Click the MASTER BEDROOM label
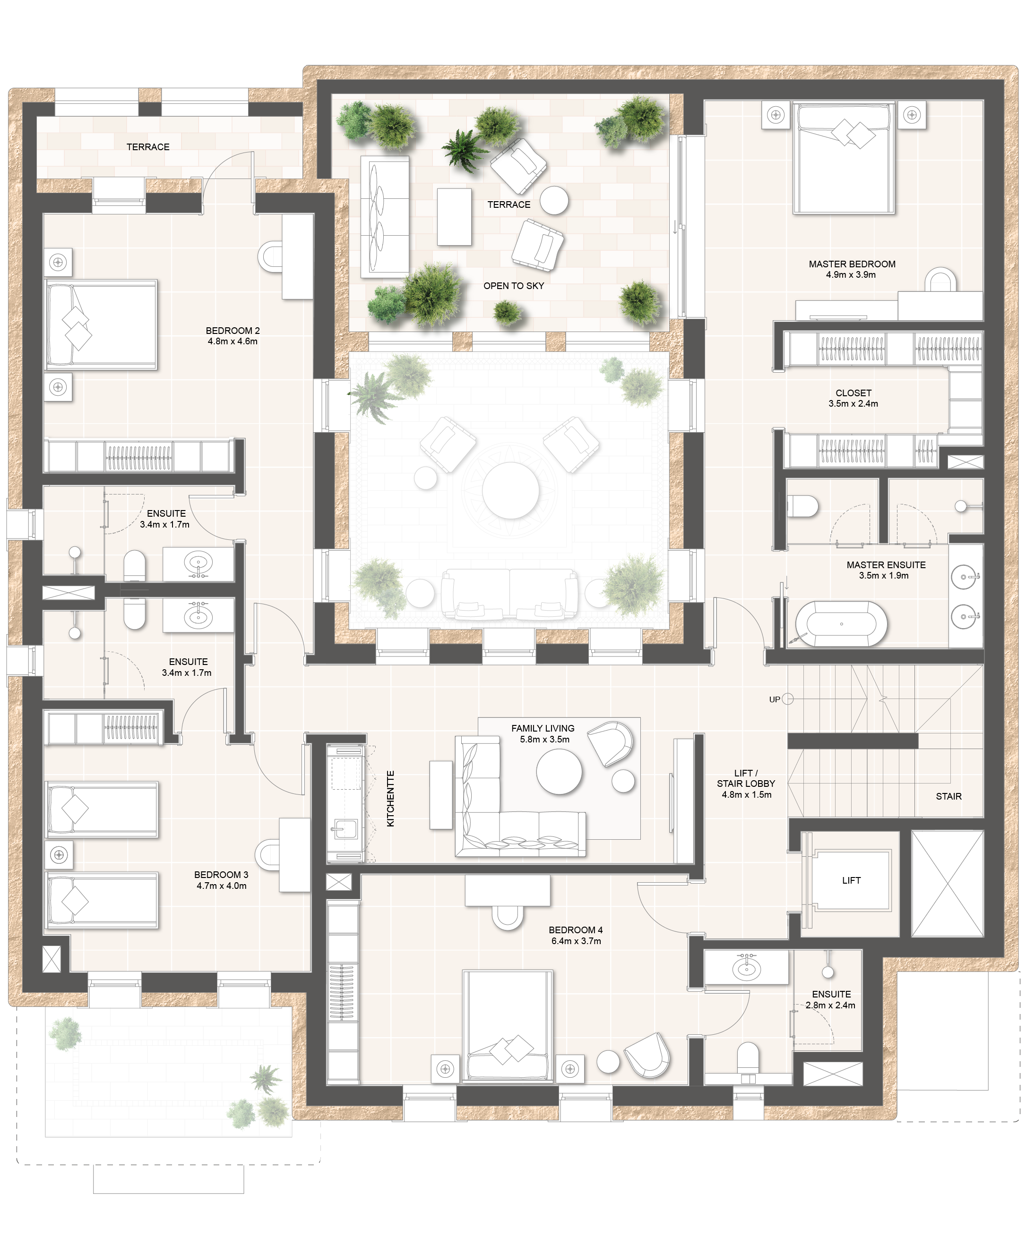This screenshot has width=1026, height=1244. tap(852, 264)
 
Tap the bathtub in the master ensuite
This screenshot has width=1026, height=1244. tap(841, 624)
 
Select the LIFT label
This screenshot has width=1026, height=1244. tap(851, 880)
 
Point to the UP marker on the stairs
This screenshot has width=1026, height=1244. tap(774, 699)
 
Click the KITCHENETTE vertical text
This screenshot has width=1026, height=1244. tap(390, 798)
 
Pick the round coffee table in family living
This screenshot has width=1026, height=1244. tap(559, 771)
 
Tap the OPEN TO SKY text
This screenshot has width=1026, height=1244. tap(514, 286)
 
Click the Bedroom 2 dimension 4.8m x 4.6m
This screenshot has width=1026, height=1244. tap(232, 341)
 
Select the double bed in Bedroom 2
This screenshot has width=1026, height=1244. tap(102, 325)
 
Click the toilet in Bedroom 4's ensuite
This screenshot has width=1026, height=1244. tap(748, 1057)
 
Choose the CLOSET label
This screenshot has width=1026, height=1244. tap(853, 393)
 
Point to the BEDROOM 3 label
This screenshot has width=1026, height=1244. tap(221, 875)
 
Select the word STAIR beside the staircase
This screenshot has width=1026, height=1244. tap(948, 796)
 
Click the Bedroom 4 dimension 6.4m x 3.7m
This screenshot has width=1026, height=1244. tap(576, 941)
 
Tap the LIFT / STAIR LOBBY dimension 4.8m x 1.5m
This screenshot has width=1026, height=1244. tap(746, 794)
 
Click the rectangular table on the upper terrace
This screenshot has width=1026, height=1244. tap(454, 217)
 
